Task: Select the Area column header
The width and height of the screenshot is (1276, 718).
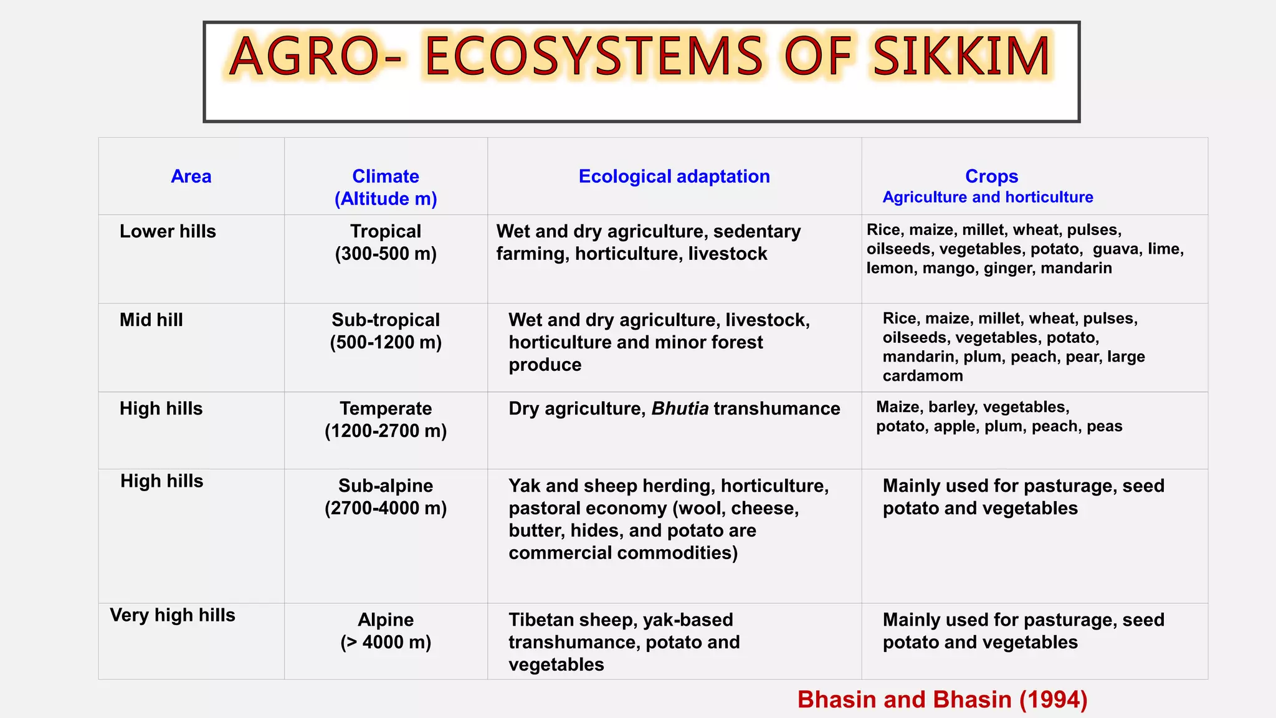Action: point(191,176)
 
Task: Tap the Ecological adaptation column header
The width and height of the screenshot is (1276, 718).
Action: point(674,176)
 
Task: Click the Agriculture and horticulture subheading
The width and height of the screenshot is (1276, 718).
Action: point(988,198)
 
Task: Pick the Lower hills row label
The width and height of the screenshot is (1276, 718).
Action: point(168,231)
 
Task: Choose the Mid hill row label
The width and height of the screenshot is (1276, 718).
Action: point(151,320)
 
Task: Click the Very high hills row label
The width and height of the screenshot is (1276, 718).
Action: point(173,615)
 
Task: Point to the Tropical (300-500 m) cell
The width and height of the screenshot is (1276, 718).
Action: point(386,242)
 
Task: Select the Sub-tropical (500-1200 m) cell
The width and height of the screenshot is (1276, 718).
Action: point(386,331)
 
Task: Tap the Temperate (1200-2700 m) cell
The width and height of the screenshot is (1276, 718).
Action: point(386,419)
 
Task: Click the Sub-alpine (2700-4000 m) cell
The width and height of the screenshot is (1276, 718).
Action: point(386,497)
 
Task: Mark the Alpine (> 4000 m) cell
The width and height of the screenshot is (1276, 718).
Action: point(386,631)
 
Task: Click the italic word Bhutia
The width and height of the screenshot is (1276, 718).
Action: point(680,409)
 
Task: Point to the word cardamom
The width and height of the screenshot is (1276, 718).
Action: point(923,376)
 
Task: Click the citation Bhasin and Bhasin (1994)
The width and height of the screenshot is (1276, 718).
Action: point(942,699)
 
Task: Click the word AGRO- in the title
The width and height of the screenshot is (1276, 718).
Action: point(315,57)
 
